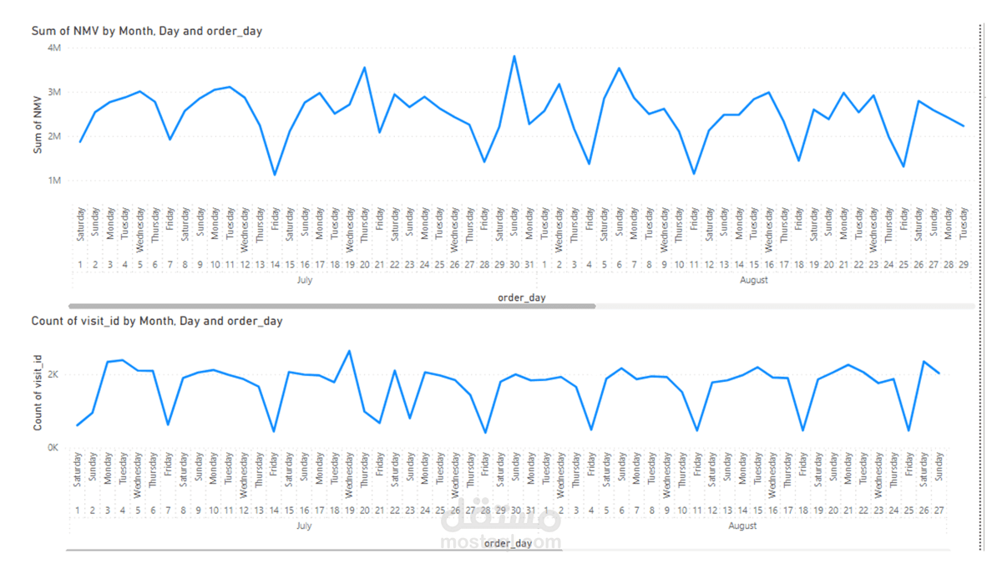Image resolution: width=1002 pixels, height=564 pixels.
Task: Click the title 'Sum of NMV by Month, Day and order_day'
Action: pos(146,31)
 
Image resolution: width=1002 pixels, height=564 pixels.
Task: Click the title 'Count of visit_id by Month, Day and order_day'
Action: pos(156,321)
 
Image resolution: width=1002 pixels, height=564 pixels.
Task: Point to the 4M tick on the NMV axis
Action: pos(54,48)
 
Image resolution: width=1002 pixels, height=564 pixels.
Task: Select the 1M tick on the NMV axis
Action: pos(54,180)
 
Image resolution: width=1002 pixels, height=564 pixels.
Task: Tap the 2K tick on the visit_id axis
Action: pos(53,375)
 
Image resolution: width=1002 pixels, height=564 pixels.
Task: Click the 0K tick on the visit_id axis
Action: pos(53,448)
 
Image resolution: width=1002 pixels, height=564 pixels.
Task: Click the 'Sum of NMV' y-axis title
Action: pos(38,125)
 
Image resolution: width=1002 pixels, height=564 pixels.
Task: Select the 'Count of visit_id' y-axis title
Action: pos(38,393)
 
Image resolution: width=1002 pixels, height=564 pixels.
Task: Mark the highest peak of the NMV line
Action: pos(514,56)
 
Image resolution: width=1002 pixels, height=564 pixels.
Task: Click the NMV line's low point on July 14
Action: pos(275,175)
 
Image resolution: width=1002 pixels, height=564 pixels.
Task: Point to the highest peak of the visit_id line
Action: pos(349,351)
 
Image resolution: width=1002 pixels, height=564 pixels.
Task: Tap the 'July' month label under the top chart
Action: pos(305,281)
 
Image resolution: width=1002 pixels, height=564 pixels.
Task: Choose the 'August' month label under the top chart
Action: pos(754,281)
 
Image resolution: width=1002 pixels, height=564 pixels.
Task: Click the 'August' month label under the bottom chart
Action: pos(742,526)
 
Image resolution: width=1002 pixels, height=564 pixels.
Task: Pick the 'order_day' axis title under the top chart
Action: pos(521,297)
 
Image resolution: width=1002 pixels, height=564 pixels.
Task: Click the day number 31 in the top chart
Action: pos(529,265)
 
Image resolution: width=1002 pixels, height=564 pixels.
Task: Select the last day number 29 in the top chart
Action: pos(964,265)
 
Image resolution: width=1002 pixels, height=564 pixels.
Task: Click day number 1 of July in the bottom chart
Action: pos(77,511)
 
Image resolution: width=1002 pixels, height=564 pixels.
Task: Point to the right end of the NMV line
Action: pos(964,126)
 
